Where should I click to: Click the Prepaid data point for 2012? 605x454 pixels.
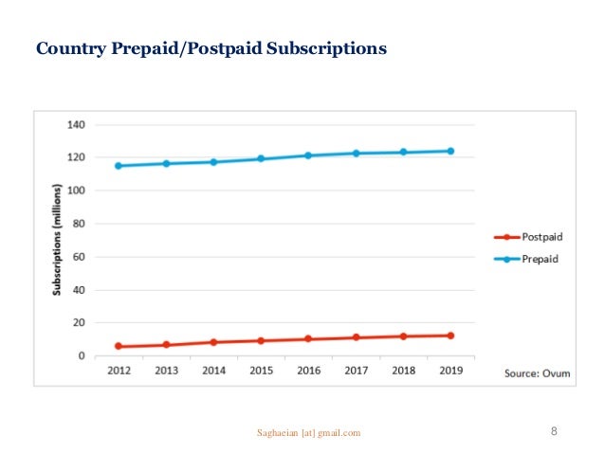click(119, 166)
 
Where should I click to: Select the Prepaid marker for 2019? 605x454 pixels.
click(450, 151)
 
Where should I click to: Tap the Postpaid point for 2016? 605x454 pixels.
click(308, 338)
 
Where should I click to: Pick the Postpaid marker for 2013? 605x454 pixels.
click(166, 345)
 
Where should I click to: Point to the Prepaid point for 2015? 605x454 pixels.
click(261, 159)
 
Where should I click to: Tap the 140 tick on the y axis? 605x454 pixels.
click(77, 125)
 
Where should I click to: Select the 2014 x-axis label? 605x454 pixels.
click(213, 372)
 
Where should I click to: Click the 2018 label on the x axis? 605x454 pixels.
click(403, 372)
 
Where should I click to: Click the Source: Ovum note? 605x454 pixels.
click(536, 373)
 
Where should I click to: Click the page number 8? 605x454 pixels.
click(554, 432)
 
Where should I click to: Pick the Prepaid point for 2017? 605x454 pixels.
click(356, 153)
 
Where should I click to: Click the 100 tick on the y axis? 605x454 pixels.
click(77, 191)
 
